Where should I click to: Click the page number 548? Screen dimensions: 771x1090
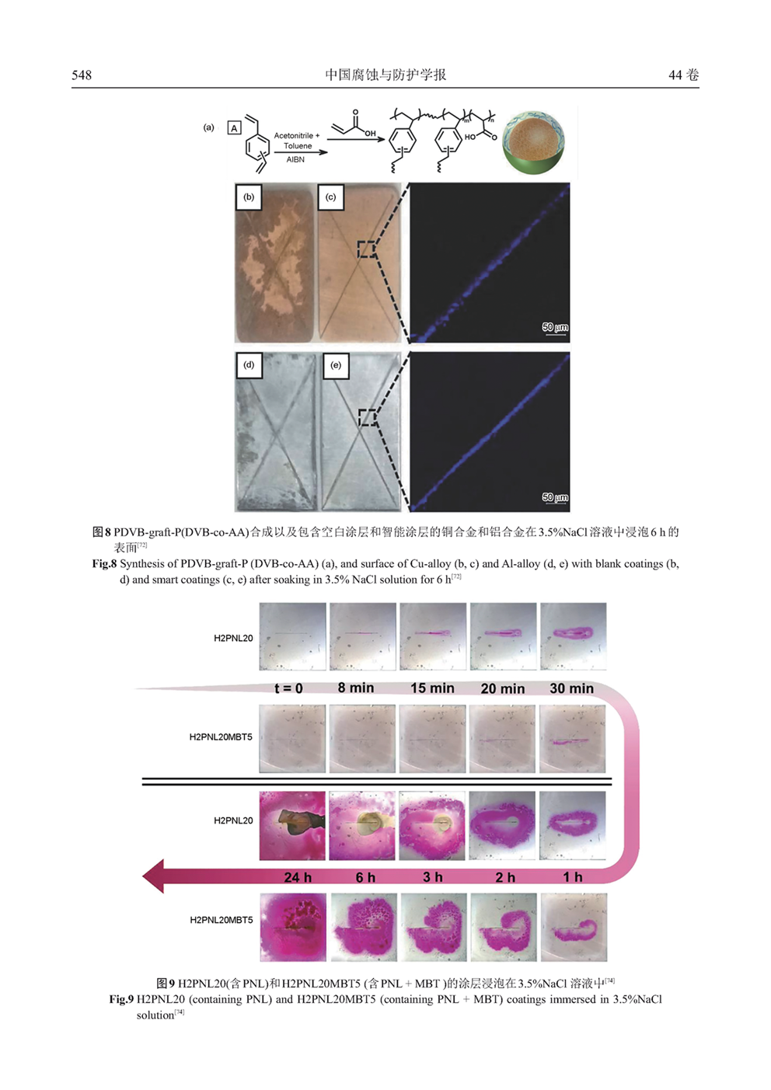pyautogui.click(x=82, y=75)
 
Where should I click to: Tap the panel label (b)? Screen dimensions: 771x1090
pyautogui.click(x=249, y=197)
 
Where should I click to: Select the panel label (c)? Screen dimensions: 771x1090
pyautogui.click(x=331, y=197)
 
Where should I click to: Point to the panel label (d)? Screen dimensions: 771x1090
pyautogui.click(x=249, y=365)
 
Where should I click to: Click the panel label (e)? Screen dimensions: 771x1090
pyautogui.click(x=336, y=365)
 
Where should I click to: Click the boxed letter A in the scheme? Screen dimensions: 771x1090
pyautogui.click(x=235, y=128)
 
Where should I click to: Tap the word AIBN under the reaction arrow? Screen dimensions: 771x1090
pyautogui.click(x=295, y=159)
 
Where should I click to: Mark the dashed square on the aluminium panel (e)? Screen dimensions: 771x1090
pyautogui.click(x=368, y=417)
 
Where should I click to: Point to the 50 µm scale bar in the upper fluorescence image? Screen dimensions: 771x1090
pyautogui.click(x=555, y=334)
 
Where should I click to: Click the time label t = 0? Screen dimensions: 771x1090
pyautogui.click(x=288, y=688)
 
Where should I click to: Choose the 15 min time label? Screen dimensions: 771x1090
pyautogui.click(x=432, y=688)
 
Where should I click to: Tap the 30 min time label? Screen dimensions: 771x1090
pyautogui.click(x=572, y=688)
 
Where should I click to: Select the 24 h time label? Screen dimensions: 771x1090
pyautogui.click(x=298, y=877)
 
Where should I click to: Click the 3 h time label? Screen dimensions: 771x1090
pyautogui.click(x=433, y=877)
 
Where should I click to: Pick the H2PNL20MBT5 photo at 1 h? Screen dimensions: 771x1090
pyautogui.click(x=574, y=927)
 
